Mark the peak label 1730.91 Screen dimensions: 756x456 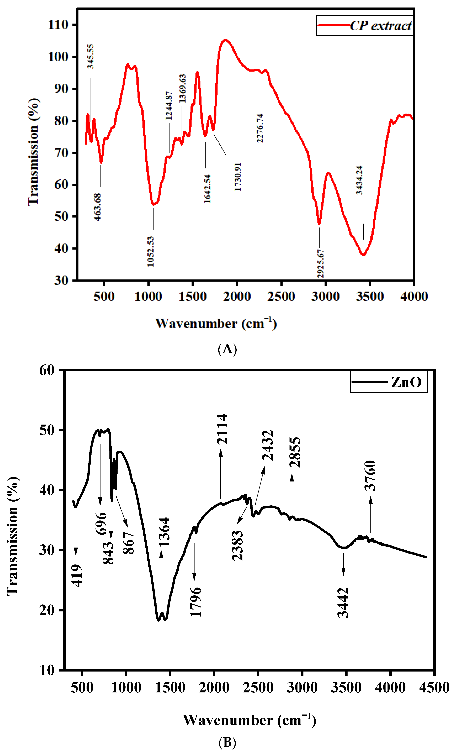pos(238,177)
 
